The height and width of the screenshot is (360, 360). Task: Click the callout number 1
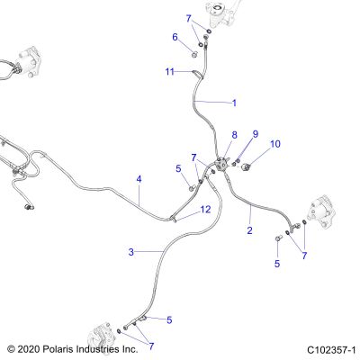[x=234, y=103]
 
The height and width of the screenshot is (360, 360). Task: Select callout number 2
[x=249, y=230]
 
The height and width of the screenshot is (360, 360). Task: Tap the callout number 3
[x=131, y=252]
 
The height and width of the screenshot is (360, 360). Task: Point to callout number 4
[x=139, y=179]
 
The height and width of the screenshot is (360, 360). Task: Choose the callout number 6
[x=175, y=37]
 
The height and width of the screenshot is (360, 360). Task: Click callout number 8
[x=234, y=135]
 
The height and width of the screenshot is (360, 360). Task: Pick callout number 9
[x=256, y=134]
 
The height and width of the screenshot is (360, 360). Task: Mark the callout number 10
[x=275, y=144]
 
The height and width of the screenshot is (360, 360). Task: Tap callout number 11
[x=170, y=72]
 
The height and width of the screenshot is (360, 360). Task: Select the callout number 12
[x=205, y=210]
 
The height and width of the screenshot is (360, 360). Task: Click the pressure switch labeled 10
[x=247, y=166]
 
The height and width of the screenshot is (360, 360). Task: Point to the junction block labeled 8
[x=222, y=163]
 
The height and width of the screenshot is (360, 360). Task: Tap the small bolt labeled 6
[x=194, y=55]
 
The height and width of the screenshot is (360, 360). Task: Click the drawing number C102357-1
[x=331, y=350]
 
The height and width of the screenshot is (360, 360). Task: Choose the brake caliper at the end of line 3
[x=99, y=336]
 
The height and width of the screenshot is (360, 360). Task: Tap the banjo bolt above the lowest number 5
[x=277, y=238]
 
